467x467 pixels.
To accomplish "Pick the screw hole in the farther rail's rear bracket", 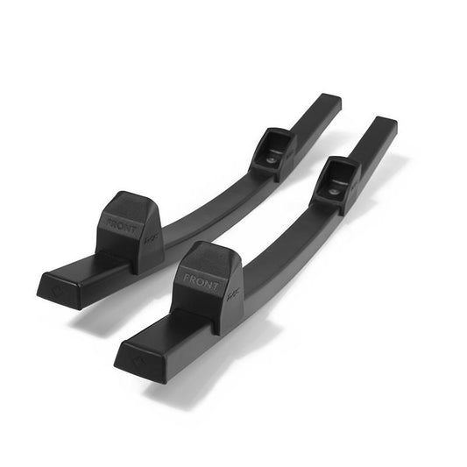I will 272,160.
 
